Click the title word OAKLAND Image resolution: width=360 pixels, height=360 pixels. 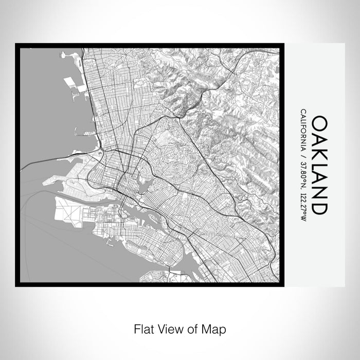click(319, 165)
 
